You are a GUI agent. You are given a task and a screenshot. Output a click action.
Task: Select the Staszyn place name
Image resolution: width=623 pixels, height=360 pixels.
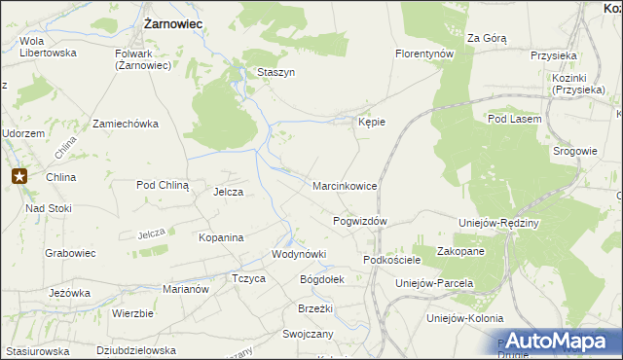[x=275, y=72]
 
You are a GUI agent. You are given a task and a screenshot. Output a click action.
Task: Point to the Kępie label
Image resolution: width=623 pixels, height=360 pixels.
[x=372, y=123]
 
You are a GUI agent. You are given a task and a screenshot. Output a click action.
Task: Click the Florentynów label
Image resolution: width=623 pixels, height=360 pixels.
[x=425, y=54]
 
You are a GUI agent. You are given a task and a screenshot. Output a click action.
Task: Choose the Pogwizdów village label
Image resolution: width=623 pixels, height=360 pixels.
[x=360, y=221]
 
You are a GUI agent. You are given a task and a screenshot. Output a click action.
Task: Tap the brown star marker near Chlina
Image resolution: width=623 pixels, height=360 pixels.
[x=19, y=176]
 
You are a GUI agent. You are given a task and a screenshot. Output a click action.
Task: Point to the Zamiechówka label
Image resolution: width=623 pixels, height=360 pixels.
[x=125, y=125]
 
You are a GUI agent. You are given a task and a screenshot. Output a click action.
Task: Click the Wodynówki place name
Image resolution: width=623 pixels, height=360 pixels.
[x=298, y=254]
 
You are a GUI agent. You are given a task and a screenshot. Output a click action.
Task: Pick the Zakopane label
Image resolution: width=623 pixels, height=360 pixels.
[x=460, y=251]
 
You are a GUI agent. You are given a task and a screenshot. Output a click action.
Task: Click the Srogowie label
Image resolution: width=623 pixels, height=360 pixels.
[x=574, y=151]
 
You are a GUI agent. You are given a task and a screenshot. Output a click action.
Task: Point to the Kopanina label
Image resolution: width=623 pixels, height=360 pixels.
[x=220, y=236]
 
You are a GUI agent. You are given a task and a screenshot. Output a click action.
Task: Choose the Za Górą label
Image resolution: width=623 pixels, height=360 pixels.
[x=487, y=38]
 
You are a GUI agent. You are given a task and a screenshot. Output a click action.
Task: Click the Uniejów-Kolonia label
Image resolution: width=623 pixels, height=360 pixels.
[x=464, y=318]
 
